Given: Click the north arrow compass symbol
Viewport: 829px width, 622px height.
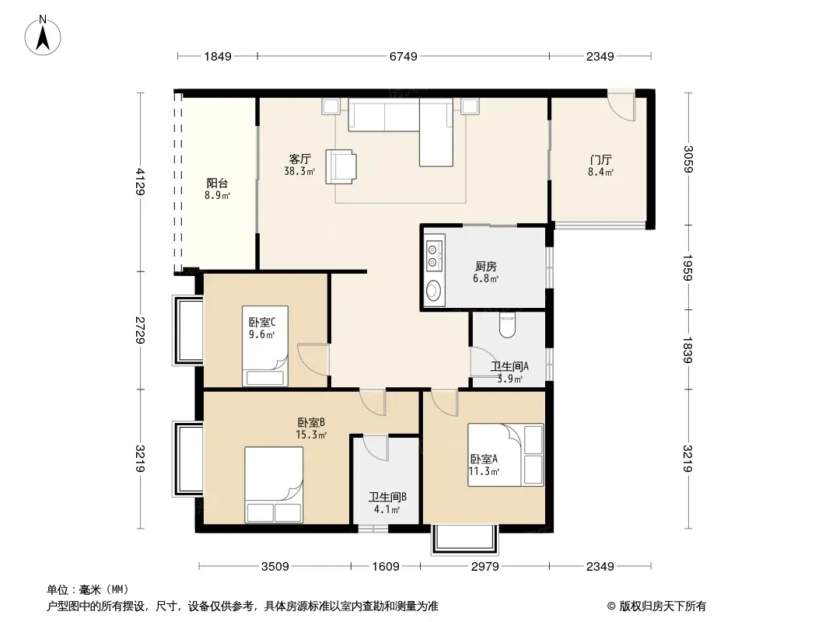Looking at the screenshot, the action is (42, 36).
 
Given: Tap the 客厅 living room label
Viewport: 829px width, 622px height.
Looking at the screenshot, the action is (299, 159).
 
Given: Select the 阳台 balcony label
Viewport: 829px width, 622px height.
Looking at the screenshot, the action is (217, 183).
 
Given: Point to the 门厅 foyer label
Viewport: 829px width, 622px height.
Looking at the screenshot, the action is (600, 159).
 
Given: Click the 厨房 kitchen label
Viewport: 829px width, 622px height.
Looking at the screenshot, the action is (485, 267).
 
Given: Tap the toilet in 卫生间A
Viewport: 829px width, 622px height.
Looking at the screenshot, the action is (507, 325).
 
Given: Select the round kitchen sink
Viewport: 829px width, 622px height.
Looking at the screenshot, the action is (433, 290).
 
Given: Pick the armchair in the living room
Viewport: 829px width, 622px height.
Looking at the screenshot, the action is (341, 166).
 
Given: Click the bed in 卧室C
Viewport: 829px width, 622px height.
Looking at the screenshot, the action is (265, 346).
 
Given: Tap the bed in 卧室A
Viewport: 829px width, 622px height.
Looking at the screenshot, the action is (505, 455).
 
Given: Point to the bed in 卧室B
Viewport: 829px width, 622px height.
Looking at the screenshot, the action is (274, 484).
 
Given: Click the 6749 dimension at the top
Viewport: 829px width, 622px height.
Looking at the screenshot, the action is (404, 56).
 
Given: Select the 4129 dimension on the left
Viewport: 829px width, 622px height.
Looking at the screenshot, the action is (140, 182).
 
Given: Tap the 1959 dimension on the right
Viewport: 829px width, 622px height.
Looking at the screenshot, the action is (687, 268).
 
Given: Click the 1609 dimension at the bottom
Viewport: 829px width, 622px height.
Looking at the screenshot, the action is (386, 567).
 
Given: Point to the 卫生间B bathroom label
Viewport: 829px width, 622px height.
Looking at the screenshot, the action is (387, 498).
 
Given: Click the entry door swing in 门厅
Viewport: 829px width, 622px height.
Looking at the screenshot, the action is (621, 106).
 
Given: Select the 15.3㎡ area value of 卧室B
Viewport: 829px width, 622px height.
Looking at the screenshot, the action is (311, 435).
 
